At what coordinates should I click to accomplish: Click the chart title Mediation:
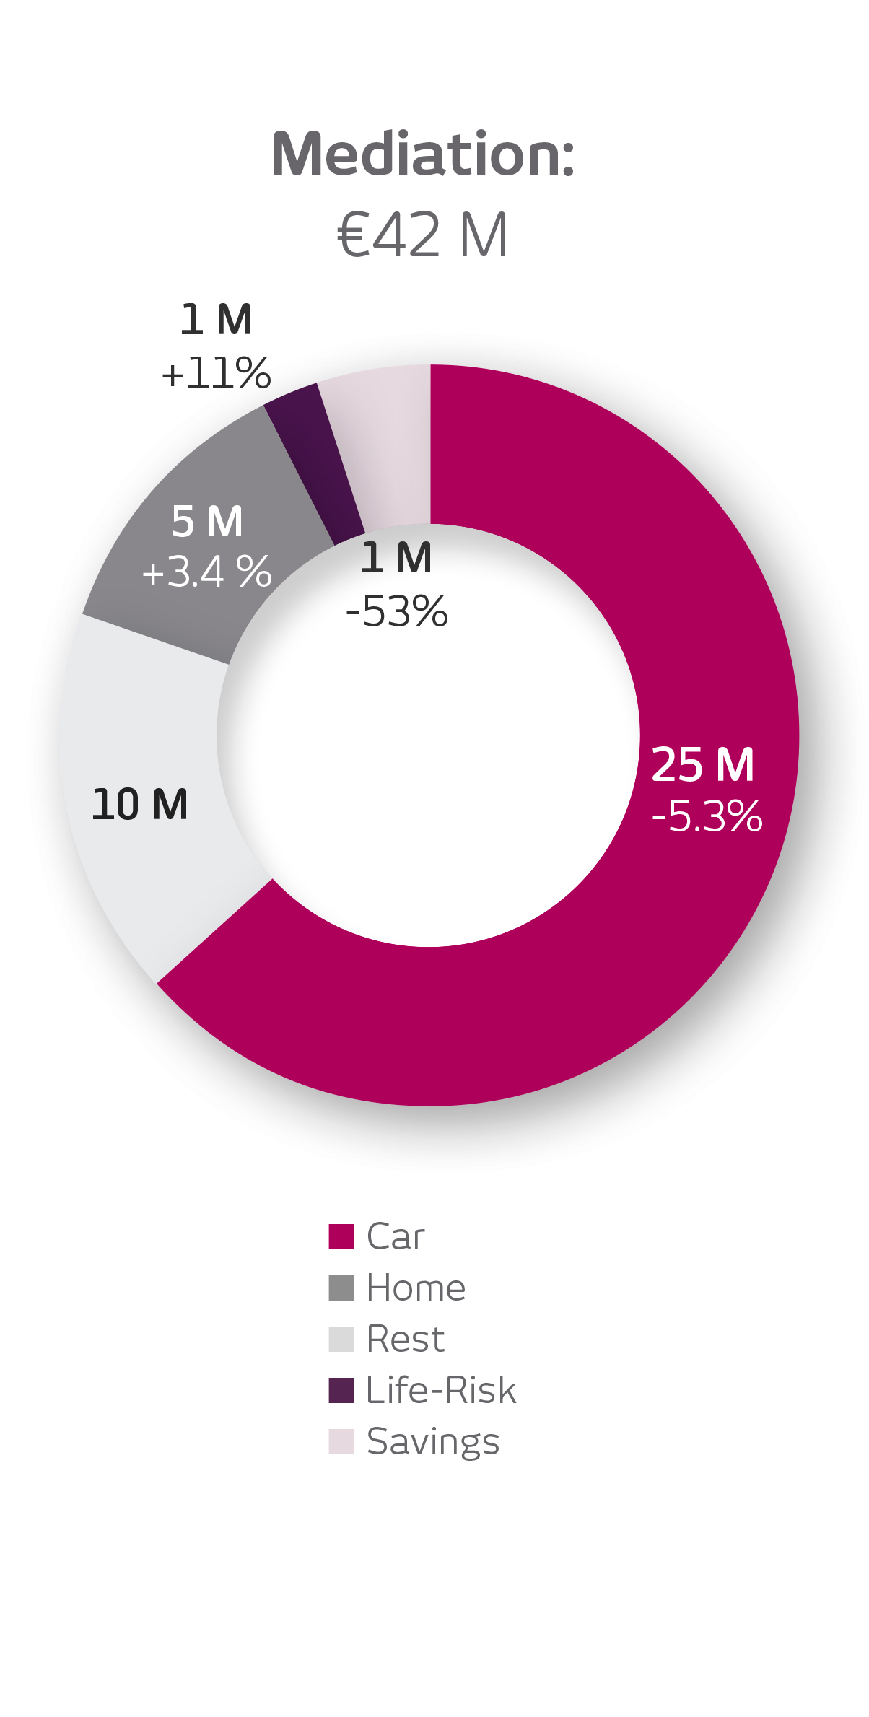pos(423,154)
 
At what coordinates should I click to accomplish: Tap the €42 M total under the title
pos(423,235)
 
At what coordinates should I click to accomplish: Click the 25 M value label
pos(702,765)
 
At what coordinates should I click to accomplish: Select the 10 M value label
pos(140,805)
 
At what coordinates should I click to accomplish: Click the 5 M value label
pos(207,522)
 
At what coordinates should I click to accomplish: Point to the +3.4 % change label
pos(207,572)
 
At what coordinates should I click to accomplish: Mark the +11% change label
pos(216,374)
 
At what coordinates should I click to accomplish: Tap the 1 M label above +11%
pos(216,320)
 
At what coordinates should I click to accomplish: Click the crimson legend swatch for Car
pos(341,1236)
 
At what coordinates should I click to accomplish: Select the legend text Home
pos(416,1288)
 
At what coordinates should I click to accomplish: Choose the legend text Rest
pos(405,1339)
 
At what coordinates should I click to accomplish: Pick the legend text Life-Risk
pos(441,1390)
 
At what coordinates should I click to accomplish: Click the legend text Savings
pos(433,1442)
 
